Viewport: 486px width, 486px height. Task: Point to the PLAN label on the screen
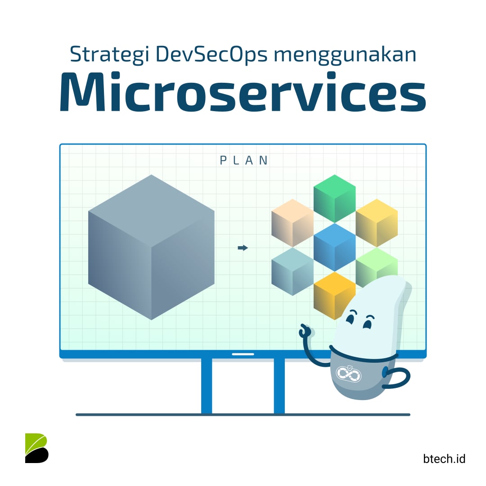click(x=244, y=160)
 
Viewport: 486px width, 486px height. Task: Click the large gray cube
click(x=151, y=247)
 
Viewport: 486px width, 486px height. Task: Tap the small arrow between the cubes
click(x=243, y=247)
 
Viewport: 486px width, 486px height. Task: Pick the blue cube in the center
click(x=334, y=247)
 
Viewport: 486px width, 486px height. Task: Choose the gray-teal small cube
click(x=292, y=271)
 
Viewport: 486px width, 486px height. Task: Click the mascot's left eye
click(x=351, y=315)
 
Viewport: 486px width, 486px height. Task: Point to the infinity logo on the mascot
click(x=348, y=373)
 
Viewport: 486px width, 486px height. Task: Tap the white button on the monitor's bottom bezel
click(x=243, y=354)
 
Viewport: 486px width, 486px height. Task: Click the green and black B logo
click(x=36, y=448)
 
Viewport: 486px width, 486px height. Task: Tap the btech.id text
click(x=444, y=459)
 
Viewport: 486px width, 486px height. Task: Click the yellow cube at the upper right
click(x=377, y=223)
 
